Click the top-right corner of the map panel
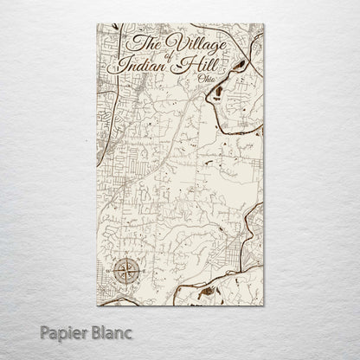point(263,24)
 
